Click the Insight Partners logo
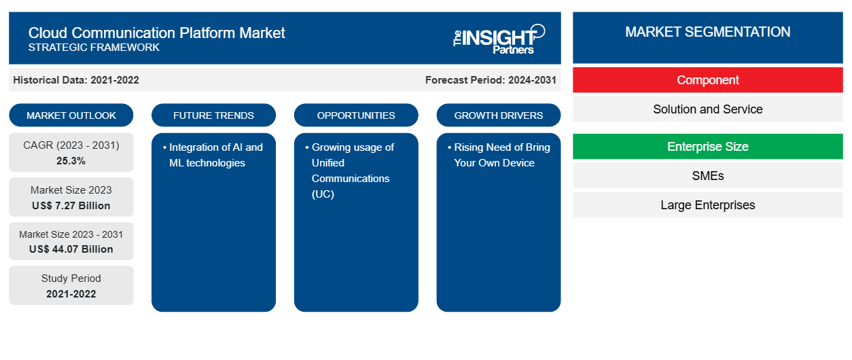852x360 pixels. point(499,39)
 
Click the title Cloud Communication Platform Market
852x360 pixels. point(156,33)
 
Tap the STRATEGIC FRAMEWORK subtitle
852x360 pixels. point(94,48)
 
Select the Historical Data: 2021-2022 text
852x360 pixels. point(76,80)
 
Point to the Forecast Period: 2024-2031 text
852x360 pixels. point(491,80)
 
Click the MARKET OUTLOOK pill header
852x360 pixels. point(71,115)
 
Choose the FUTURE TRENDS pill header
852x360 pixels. point(213,115)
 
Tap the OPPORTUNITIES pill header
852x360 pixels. point(356,115)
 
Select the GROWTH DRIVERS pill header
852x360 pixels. point(499,115)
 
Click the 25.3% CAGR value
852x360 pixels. point(71,161)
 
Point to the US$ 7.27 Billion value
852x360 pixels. point(71,206)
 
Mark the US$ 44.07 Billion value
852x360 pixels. point(71,249)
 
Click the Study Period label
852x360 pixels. point(71,278)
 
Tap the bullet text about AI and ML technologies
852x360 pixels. point(213,155)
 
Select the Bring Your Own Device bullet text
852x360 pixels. point(499,155)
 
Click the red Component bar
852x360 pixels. point(708,80)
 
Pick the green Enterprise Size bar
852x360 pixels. point(708,146)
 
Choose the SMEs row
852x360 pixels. point(708,176)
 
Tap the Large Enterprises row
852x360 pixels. point(708,205)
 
